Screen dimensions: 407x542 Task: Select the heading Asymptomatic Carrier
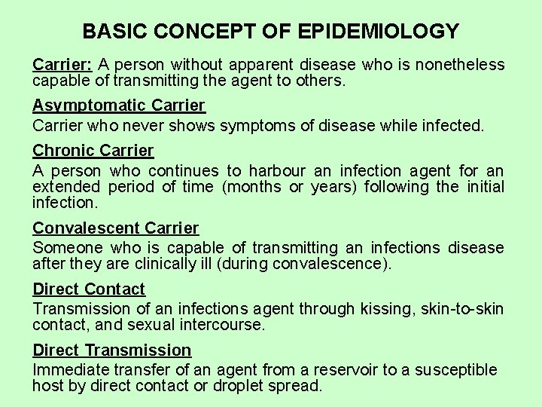[x=119, y=106]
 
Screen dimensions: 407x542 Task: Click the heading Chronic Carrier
[x=93, y=151]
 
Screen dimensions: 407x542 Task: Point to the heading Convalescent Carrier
[x=116, y=228]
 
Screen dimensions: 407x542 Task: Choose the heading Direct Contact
[x=89, y=289]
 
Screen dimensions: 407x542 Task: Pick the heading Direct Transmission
[x=112, y=350]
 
